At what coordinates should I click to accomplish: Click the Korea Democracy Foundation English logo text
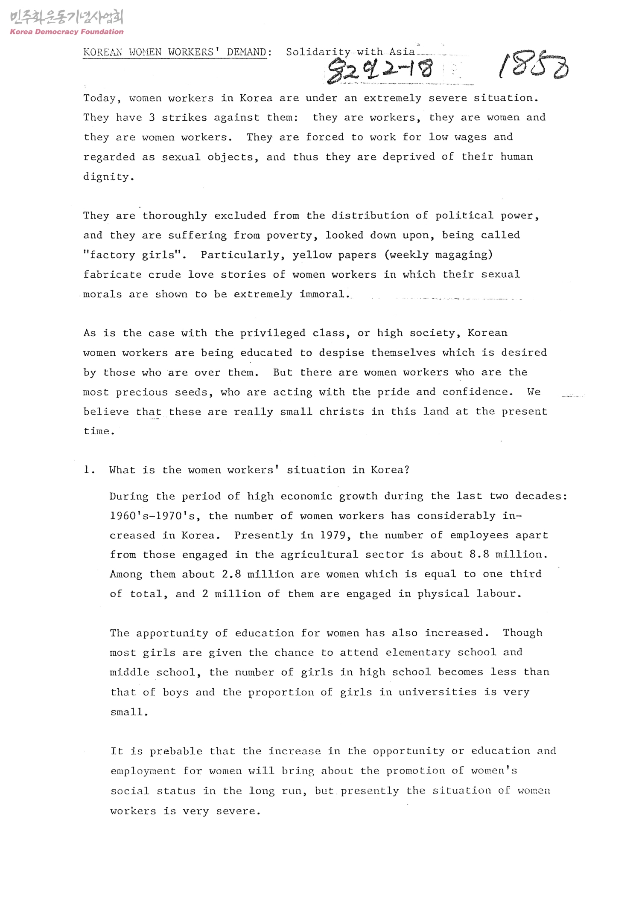click(x=67, y=32)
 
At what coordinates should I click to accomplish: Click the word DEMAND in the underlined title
click(x=247, y=52)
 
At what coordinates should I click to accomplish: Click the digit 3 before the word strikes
click(x=152, y=117)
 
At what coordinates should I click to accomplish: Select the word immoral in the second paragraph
click(x=323, y=294)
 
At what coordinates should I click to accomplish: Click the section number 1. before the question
click(x=89, y=470)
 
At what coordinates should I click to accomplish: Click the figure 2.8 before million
click(x=231, y=574)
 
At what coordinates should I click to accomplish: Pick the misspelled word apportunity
click(x=172, y=633)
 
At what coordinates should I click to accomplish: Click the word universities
click(x=437, y=692)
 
